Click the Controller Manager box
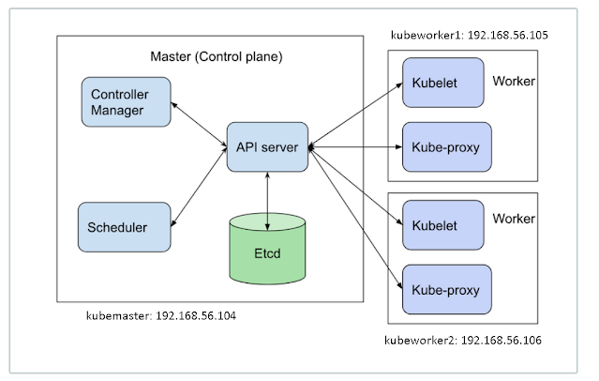click(126, 103)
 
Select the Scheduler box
click(126, 226)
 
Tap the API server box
click(267, 145)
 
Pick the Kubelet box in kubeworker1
click(442, 82)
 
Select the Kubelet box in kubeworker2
click(442, 223)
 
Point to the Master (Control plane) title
click(217, 57)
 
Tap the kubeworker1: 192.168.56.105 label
click(469, 35)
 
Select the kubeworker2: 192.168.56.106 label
click(463, 340)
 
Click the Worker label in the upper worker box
click(514, 82)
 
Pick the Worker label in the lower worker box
click(514, 219)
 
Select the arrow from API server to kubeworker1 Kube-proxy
click(355, 146)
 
